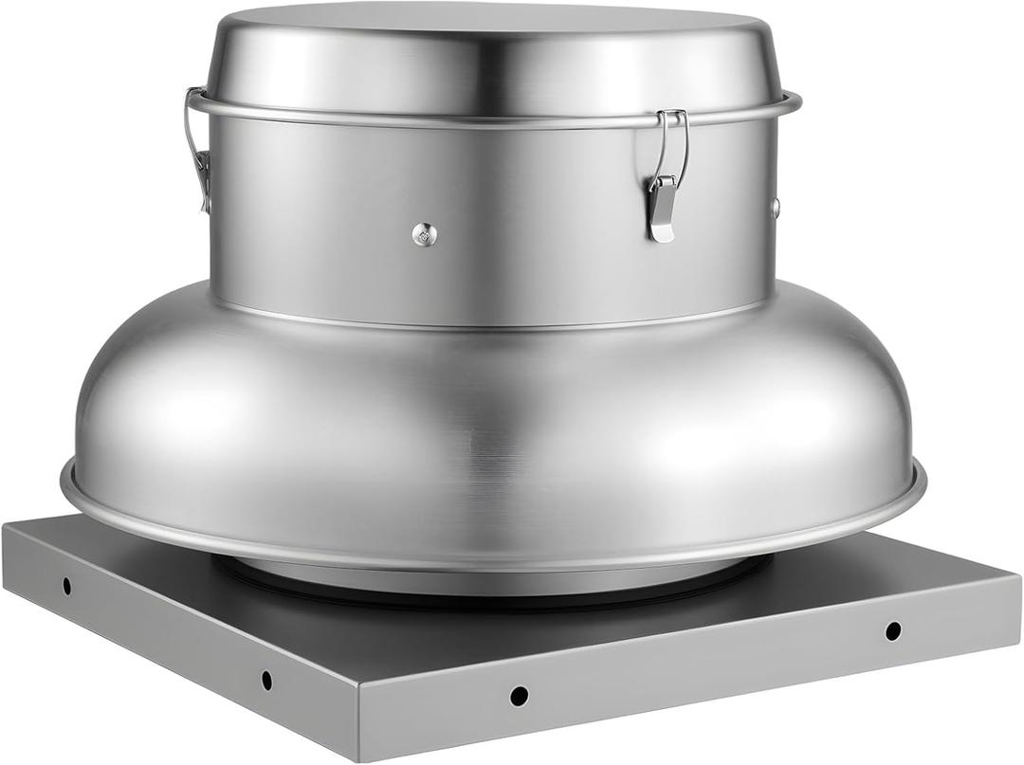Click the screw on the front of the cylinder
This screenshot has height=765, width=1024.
pos(425,234)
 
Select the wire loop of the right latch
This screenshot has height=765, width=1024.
pos(674,142)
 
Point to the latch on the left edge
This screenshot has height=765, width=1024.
pos(198,152)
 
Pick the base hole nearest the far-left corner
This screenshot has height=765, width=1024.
pos(66,586)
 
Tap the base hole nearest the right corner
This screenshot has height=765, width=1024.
pos(892,630)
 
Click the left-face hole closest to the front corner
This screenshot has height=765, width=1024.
pos(266,680)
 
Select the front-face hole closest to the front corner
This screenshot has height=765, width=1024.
pos(519,696)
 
